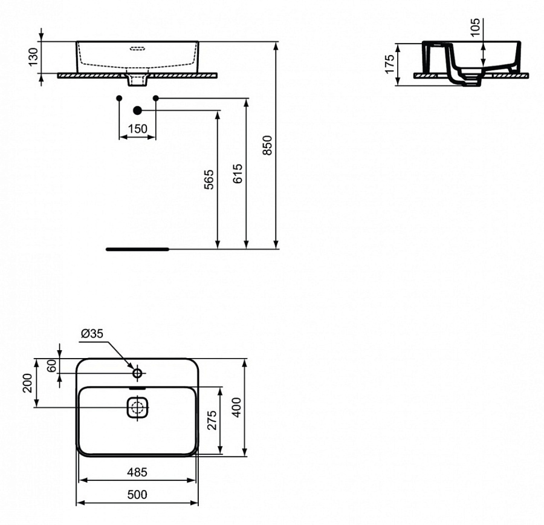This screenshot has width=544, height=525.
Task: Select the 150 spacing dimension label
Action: tap(138, 128)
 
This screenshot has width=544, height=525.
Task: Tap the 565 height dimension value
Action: tap(209, 180)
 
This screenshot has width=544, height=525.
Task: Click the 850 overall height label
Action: tap(268, 145)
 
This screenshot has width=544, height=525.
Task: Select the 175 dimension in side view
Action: tap(389, 64)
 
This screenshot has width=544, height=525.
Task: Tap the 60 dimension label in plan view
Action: tap(51, 366)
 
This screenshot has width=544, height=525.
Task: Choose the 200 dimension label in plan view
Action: tap(28, 383)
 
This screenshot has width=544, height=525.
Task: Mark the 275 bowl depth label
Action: tap(212, 420)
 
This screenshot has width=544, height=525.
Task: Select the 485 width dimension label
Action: tap(138, 472)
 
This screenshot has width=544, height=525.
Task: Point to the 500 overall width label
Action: tap(138, 495)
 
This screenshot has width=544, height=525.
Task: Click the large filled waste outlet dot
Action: tap(137, 110)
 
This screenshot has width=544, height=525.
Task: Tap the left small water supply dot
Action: tap(119, 97)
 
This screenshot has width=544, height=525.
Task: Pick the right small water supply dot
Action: tap(156, 97)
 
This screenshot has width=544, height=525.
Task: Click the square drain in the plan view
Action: tap(138, 407)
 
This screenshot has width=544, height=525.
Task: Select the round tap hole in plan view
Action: tap(137, 373)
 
